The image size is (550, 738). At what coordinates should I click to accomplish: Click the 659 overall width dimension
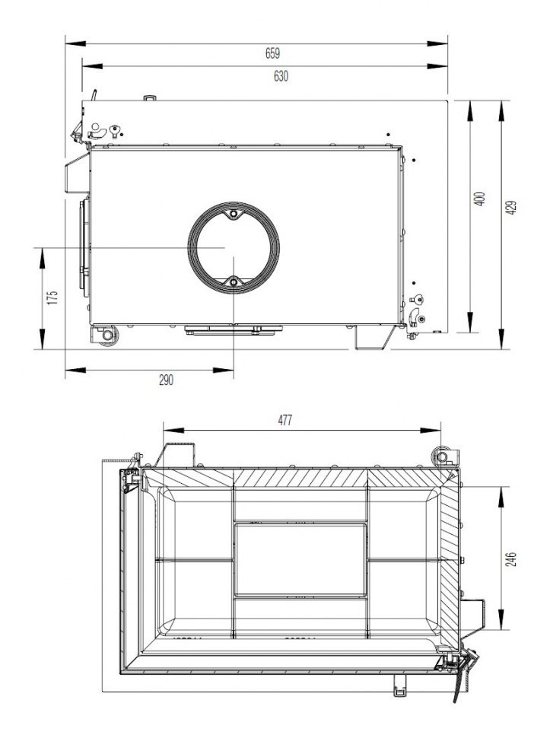point(272,53)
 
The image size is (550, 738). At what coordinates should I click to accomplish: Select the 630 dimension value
point(281,76)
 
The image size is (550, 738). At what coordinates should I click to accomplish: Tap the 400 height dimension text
point(478,199)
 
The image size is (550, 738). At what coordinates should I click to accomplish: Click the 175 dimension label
point(52,297)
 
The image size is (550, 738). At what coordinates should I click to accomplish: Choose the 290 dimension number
point(166,380)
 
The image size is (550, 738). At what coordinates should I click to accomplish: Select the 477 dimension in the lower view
point(285,420)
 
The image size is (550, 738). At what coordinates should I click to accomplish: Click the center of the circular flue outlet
point(234,249)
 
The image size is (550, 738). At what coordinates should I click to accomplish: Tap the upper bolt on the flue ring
point(234,215)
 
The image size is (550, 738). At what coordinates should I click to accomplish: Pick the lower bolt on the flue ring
point(234,284)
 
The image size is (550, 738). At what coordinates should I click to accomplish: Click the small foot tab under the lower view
point(400,686)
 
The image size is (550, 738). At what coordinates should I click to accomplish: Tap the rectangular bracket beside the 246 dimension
point(475,614)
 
